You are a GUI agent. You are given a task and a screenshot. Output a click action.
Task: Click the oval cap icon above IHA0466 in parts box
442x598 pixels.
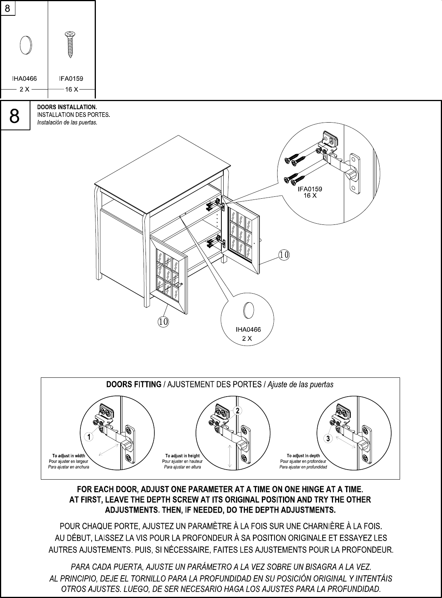click(x=25, y=45)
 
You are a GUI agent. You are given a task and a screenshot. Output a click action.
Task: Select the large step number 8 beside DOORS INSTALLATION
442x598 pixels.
click(x=15, y=116)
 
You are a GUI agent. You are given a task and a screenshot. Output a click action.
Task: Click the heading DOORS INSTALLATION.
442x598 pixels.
click(x=67, y=106)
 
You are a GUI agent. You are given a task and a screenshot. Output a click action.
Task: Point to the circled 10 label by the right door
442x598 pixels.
click(x=284, y=254)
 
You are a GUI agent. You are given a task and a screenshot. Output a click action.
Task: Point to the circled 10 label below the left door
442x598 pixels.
click(x=163, y=321)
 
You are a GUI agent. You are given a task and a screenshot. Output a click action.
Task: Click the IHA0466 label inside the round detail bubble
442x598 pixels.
click(x=248, y=330)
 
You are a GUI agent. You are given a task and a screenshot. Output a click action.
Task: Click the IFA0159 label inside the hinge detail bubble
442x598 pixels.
click(x=310, y=189)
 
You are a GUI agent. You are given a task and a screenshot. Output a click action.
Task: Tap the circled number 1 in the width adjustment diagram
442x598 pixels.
click(x=89, y=437)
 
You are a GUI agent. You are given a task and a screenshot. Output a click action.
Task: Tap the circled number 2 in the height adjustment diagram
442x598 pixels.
click(x=238, y=411)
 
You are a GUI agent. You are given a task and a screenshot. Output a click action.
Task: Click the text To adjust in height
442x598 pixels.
click(x=182, y=456)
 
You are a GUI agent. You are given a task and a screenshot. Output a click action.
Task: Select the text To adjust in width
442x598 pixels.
click(x=69, y=456)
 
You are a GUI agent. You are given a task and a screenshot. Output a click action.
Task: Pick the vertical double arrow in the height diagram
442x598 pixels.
click(x=229, y=456)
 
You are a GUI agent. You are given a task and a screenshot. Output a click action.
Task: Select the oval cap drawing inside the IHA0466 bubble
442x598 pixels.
click(x=249, y=310)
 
